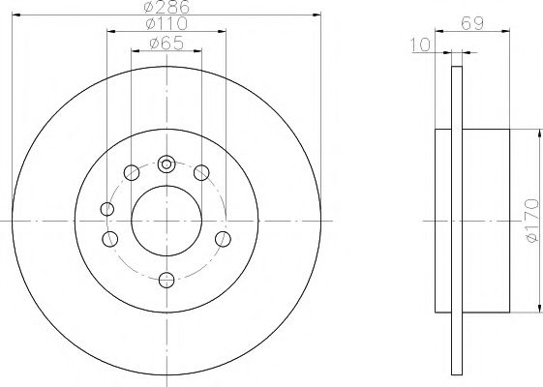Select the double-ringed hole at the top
click(166, 164)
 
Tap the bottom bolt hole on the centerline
click(166, 281)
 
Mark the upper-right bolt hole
click(201, 173)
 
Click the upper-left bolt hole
click(131, 174)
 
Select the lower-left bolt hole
click(110, 240)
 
